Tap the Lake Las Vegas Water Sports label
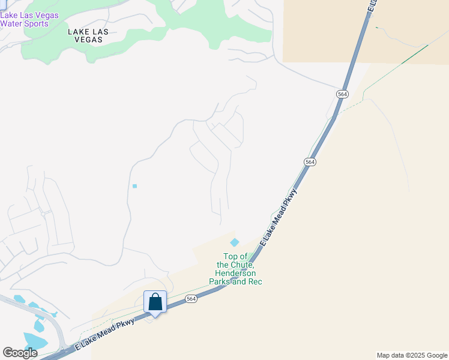[x=29, y=20]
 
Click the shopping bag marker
[x=155, y=302]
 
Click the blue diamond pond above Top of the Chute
[x=235, y=242]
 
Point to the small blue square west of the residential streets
[x=134, y=186]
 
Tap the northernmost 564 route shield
[x=342, y=94]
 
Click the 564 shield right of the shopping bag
[x=191, y=299]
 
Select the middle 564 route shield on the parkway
[x=310, y=162]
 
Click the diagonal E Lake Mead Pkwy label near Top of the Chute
[x=279, y=217]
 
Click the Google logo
[x=20, y=353]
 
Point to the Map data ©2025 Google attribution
[x=412, y=355]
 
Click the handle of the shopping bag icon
[x=155, y=297]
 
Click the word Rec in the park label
[x=256, y=281]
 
